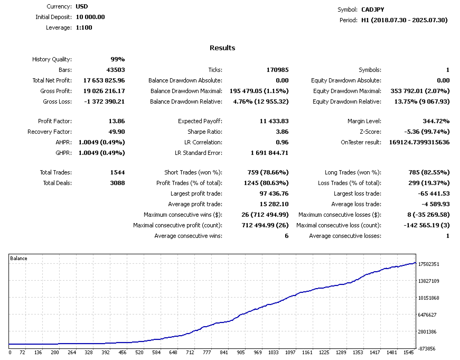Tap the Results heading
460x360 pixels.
[222, 48]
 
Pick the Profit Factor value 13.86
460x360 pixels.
[117, 121]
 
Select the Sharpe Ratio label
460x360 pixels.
[205, 132]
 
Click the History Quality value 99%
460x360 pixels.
[117, 59]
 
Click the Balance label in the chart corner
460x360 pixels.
[18, 259]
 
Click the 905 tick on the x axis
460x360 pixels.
[240, 353]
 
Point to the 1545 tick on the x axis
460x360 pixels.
[409, 353]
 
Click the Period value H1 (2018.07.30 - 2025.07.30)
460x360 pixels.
[404, 20]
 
